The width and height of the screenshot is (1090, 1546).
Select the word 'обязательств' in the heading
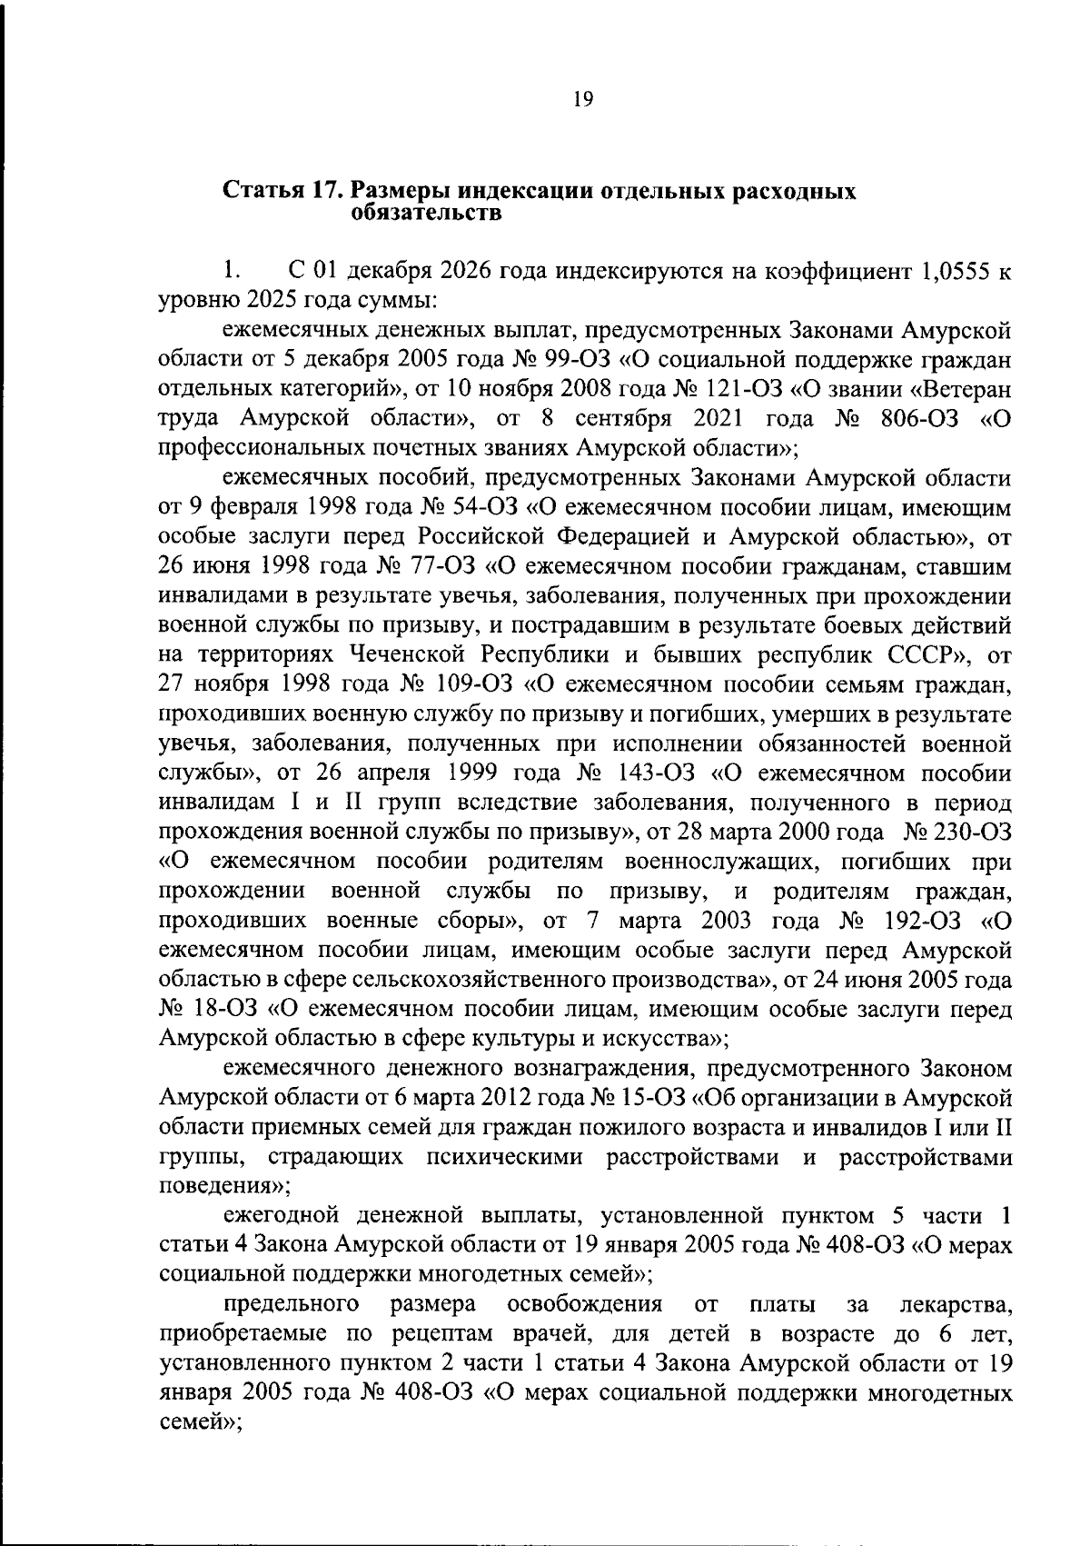pyautogui.click(x=425, y=214)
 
